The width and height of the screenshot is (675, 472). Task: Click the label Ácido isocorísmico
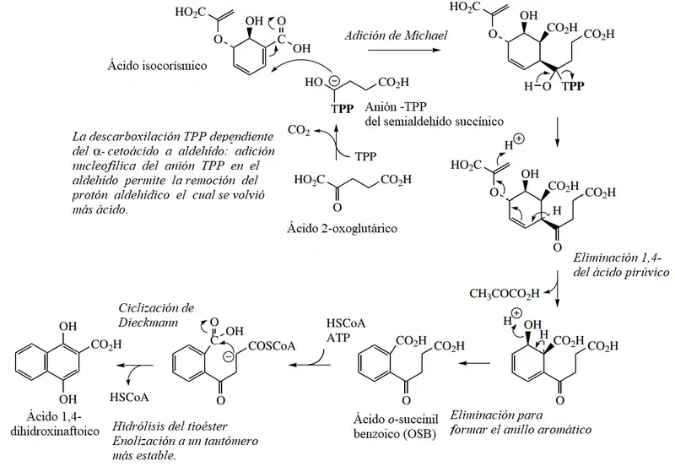click(157, 66)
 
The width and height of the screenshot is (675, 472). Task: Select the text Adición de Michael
click(396, 35)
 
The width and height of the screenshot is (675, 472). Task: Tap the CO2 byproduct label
click(299, 130)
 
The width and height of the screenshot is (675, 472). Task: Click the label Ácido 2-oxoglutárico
click(342, 228)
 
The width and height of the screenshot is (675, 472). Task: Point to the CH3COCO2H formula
click(504, 294)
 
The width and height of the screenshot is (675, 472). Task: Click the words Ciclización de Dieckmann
click(156, 315)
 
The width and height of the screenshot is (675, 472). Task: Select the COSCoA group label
click(272, 345)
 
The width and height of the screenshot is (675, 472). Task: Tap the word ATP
click(338, 338)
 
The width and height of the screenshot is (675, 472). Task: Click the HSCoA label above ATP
click(346, 323)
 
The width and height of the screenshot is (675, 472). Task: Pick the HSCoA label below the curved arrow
click(129, 397)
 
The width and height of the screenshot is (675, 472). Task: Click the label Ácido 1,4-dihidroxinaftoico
click(55, 424)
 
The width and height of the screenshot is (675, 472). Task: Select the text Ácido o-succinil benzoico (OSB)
click(396, 426)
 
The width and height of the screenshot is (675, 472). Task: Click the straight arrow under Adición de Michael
click(404, 50)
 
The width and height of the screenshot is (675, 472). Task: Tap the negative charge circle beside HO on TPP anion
click(334, 80)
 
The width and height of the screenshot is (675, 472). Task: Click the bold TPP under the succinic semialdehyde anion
click(343, 109)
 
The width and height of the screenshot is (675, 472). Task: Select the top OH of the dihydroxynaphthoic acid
click(68, 327)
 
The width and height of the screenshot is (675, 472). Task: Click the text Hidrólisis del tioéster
click(170, 426)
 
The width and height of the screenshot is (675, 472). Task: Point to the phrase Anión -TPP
click(396, 106)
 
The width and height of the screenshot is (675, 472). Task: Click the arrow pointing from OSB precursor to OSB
click(474, 363)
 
